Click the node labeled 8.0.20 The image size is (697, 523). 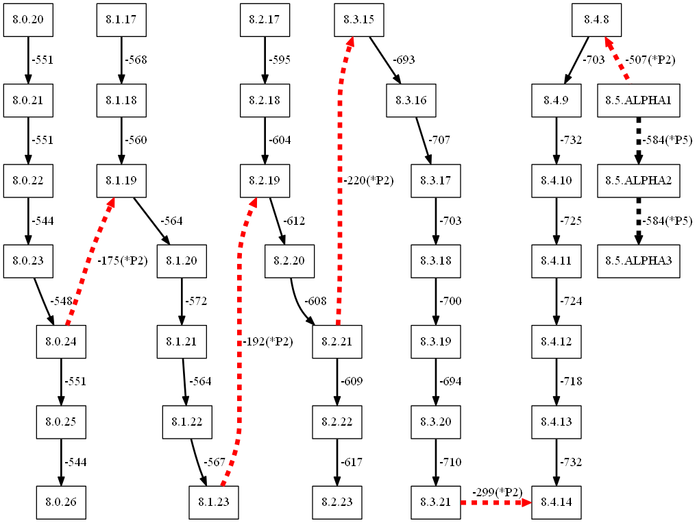point(28,20)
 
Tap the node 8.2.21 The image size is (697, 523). point(337,341)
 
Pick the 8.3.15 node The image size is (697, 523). point(358,20)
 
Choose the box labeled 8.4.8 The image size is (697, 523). point(597,20)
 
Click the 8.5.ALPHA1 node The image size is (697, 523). point(638,101)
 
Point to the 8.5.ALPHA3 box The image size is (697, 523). point(638,261)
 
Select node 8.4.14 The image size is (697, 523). point(556,502)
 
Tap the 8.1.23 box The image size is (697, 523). point(214,502)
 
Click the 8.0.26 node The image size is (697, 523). point(61,502)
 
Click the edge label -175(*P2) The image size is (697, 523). point(123,261)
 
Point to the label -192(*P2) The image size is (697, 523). point(267,341)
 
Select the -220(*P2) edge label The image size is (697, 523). point(368,181)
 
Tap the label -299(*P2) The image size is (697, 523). point(498,492)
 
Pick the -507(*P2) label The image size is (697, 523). point(650,60)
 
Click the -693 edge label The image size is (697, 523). point(404,60)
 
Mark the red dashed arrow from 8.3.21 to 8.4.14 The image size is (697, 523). point(495,502)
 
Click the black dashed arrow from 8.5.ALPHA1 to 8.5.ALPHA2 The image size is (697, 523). point(638,141)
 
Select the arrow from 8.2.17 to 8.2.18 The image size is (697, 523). point(265,60)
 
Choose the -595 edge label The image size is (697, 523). point(279,60)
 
